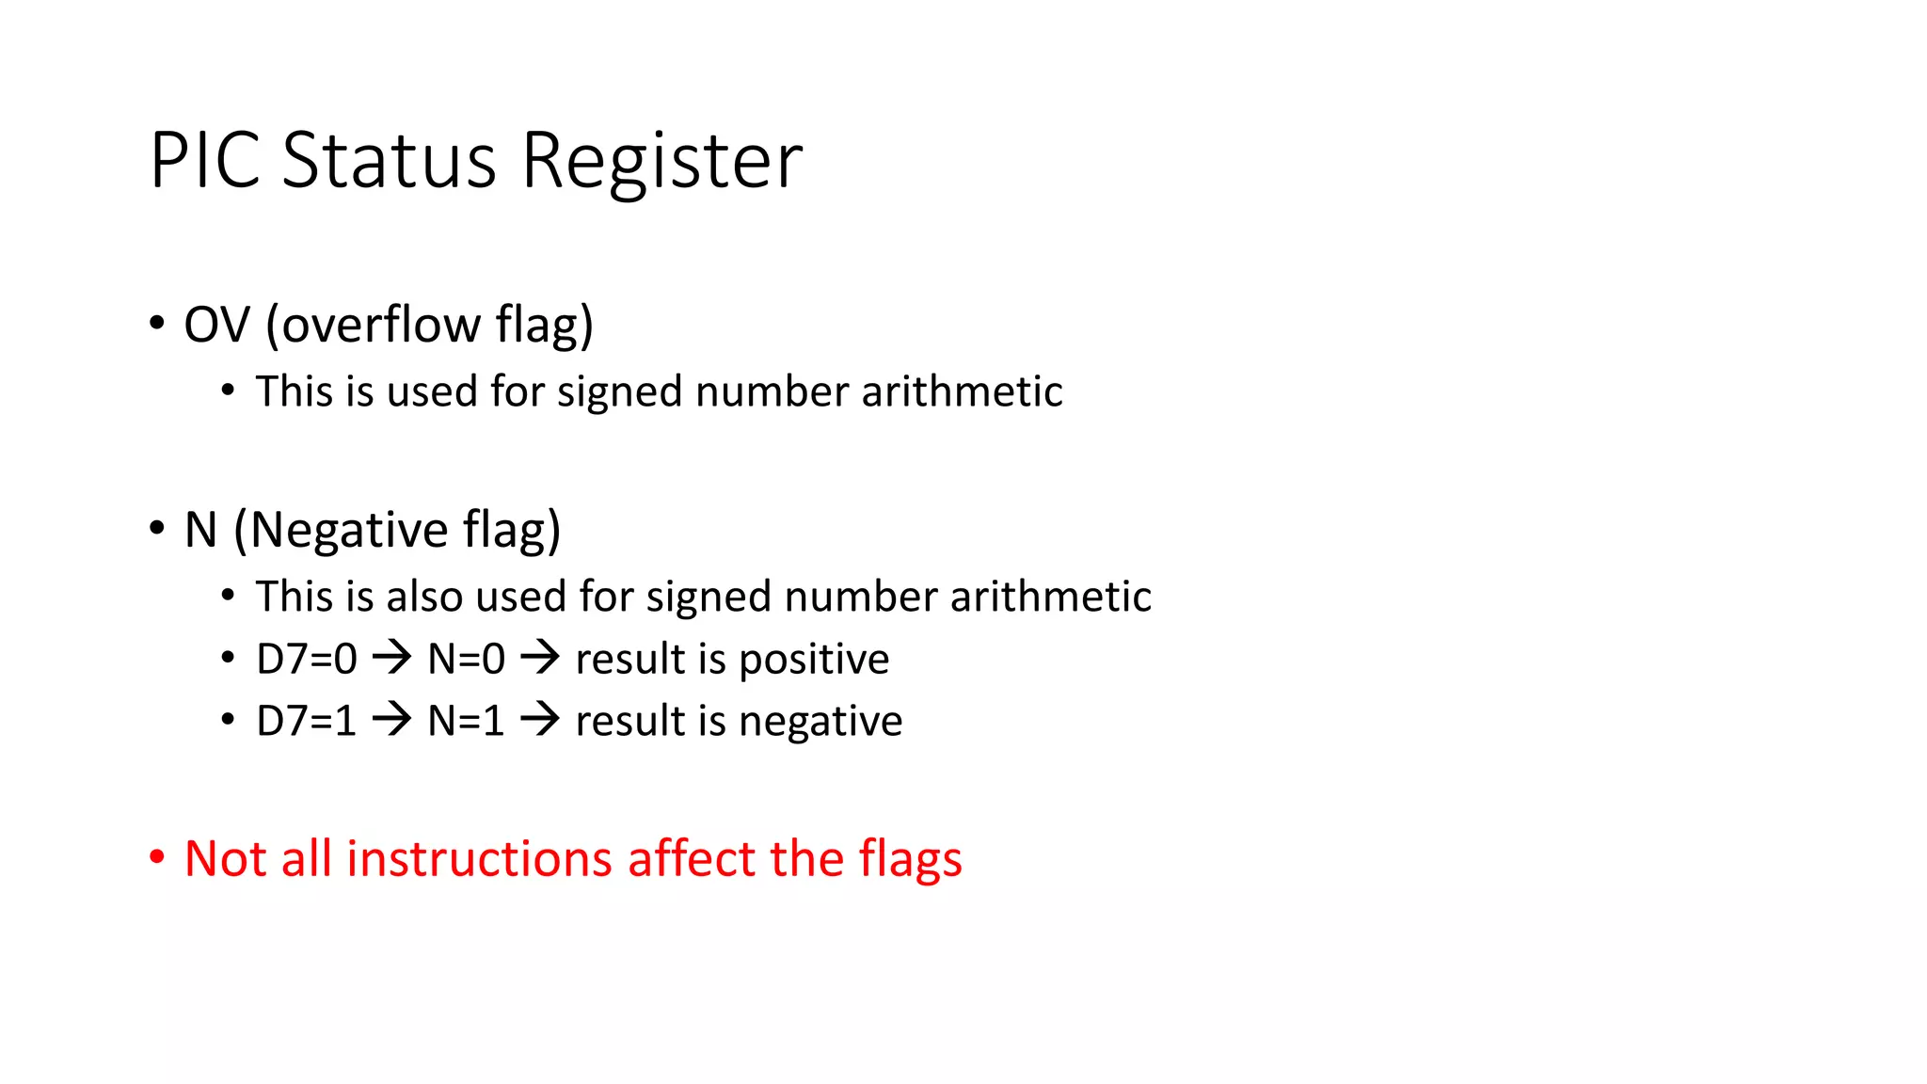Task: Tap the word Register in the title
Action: [x=661, y=162]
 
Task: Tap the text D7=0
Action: [x=307, y=659]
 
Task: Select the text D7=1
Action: [x=307, y=721]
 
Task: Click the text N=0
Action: [x=467, y=659]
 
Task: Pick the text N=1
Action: [x=467, y=721]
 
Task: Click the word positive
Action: [x=814, y=660]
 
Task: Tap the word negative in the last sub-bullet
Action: [x=820, y=722]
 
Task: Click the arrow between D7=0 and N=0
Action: [x=392, y=658]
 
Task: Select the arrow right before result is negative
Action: [x=540, y=720]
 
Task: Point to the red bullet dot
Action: [x=157, y=858]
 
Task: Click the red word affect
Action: [x=692, y=858]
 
